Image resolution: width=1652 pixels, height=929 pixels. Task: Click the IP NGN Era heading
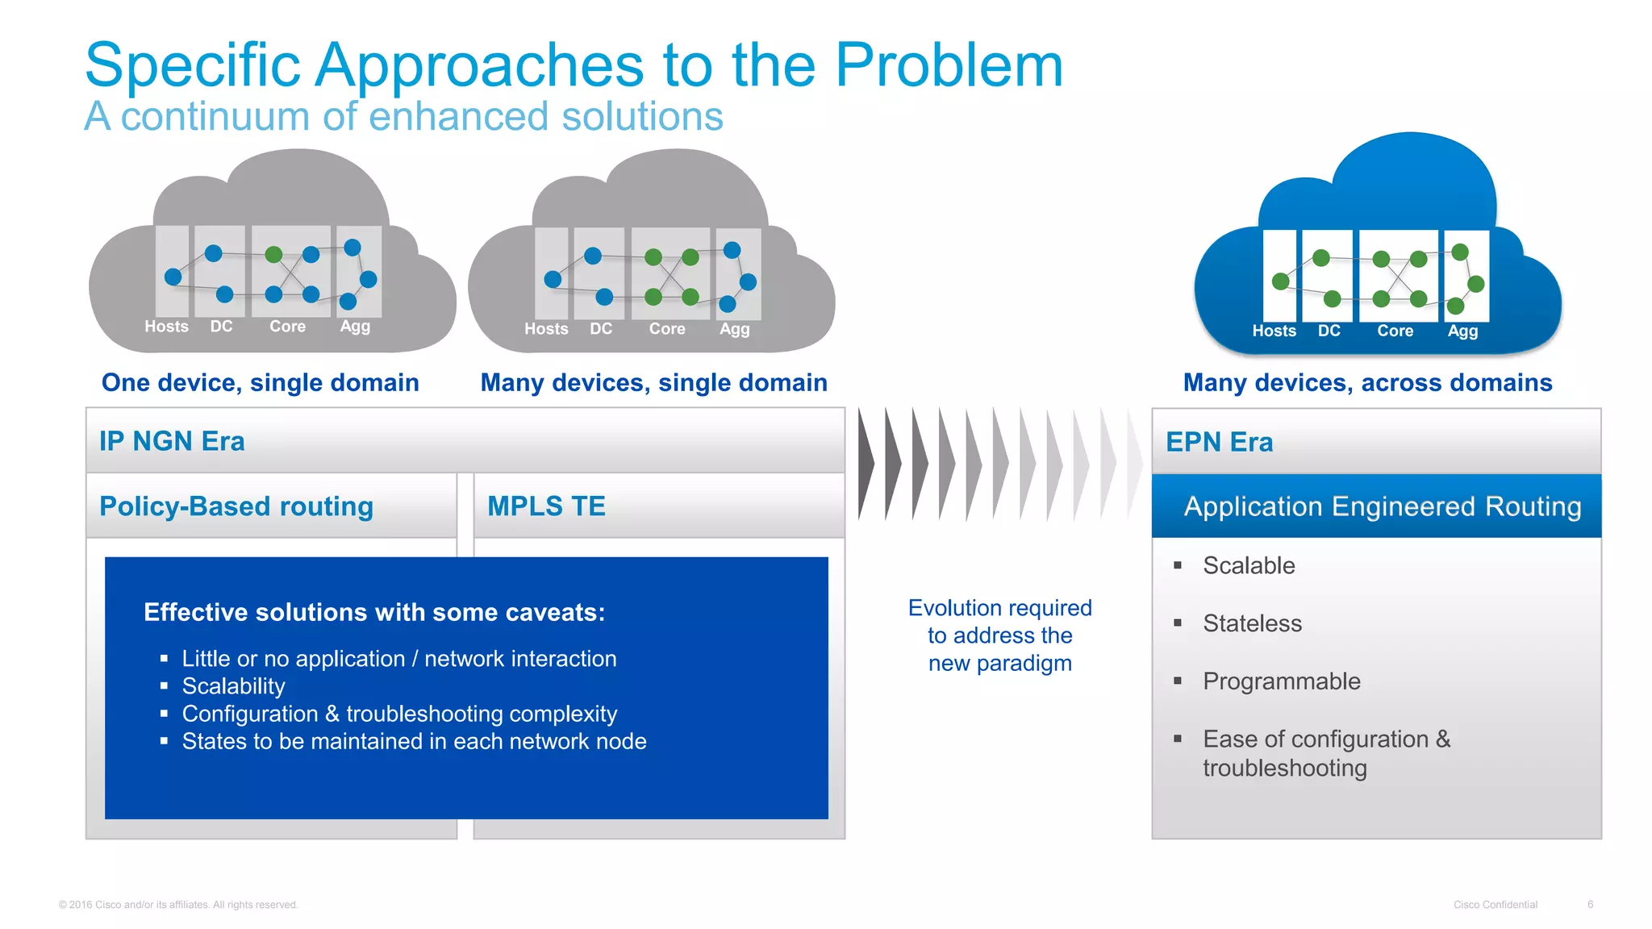click(172, 441)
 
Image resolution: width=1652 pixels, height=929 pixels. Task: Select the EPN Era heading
click(1219, 442)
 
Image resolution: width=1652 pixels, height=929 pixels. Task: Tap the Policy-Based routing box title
click(236, 506)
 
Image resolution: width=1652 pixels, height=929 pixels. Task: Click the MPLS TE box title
click(546, 506)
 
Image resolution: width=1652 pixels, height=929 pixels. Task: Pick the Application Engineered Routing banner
click(1382, 506)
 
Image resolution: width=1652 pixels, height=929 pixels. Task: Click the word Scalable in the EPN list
click(1248, 565)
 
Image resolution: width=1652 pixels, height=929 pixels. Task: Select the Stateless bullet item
click(1252, 623)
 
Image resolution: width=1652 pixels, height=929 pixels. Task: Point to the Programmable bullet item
click(1281, 681)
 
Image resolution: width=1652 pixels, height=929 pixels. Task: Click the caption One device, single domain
click(260, 382)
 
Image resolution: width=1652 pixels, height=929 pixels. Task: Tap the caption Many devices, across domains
click(1367, 382)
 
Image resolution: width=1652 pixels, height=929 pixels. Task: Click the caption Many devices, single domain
click(653, 382)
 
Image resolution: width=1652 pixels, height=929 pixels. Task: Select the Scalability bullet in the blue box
click(233, 686)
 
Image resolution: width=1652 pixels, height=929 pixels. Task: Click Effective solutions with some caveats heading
click(374, 612)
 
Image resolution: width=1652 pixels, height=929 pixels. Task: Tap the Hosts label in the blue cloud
click(1274, 331)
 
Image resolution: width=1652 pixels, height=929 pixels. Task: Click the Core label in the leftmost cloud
click(287, 327)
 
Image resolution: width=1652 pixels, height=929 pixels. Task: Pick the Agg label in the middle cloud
click(734, 329)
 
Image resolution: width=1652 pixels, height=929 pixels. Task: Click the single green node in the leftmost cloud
click(273, 255)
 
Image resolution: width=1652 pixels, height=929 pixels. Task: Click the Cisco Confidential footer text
click(1495, 905)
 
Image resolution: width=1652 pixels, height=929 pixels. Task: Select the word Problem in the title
click(949, 65)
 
